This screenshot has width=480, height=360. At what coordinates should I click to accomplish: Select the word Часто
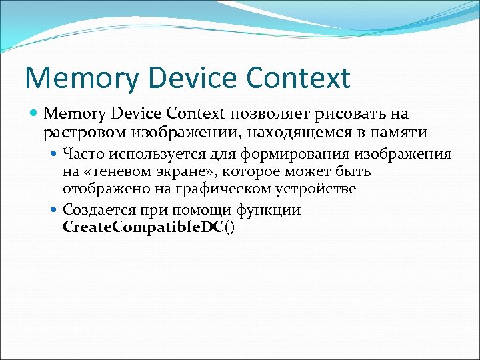pos(81,155)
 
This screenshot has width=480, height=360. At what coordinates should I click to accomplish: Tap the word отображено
pos(99,189)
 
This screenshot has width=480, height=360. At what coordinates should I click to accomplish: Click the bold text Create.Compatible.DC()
pos(149,227)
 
